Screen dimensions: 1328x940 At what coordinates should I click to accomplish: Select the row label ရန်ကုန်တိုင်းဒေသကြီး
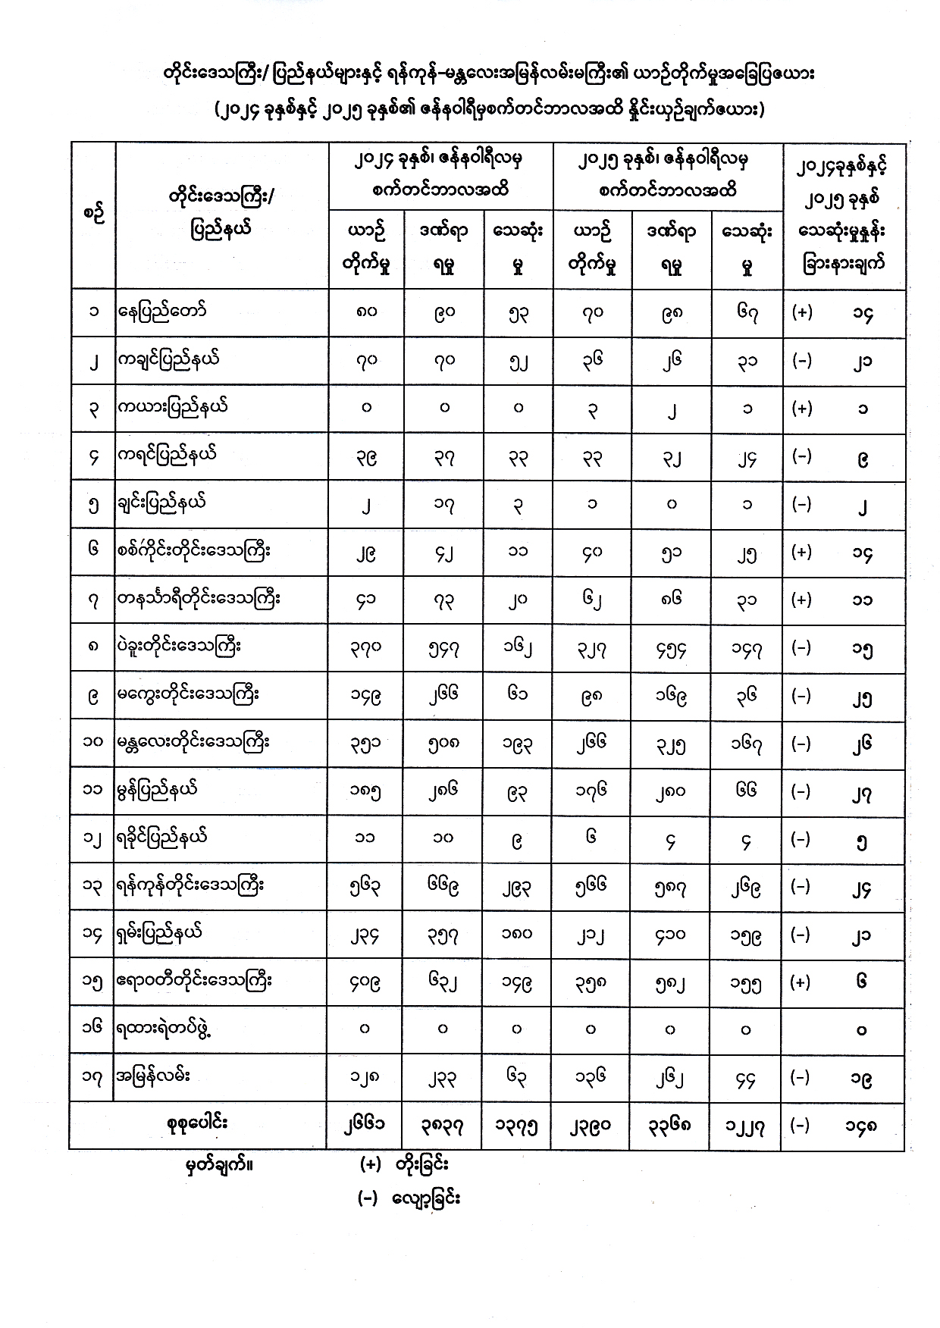point(190,885)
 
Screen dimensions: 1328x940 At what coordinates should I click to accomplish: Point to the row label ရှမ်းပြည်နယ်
point(160,933)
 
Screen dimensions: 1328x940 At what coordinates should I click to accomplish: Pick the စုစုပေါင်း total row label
point(197,1123)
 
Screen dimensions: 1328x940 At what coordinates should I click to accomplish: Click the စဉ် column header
point(93,213)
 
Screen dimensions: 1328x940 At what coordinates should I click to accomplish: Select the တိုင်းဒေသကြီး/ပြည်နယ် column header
point(221,213)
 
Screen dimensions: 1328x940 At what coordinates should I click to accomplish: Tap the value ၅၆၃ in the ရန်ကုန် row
point(365,886)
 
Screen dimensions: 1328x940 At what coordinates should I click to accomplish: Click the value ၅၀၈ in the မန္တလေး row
point(443,744)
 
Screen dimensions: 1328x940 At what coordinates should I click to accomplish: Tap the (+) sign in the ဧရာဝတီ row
point(801,982)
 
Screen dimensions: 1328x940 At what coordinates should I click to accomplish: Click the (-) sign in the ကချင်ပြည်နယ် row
point(801,361)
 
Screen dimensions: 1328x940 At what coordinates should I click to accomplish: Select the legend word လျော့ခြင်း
point(426,1199)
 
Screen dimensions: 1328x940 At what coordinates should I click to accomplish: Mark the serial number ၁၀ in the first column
point(92,742)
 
